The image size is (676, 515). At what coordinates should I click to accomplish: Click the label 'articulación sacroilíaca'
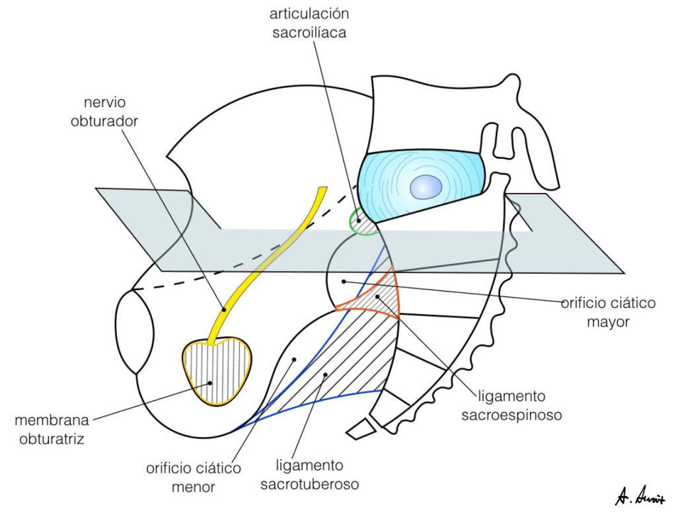point(309,23)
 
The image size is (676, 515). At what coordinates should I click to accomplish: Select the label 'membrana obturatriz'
point(51,429)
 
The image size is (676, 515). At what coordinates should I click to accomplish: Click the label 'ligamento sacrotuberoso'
point(309,475)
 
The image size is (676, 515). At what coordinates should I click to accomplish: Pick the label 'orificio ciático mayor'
point(608,313)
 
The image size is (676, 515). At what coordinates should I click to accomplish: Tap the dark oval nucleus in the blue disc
point(426,187)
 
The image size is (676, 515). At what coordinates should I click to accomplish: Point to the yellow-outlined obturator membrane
point(218,372)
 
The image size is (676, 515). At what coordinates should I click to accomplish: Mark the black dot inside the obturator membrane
point(210,381)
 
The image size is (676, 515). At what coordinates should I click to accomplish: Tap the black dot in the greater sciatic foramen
point(344,282)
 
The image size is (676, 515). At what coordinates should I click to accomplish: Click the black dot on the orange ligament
point(378,297)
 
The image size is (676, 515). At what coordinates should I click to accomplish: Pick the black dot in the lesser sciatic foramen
point(294,359)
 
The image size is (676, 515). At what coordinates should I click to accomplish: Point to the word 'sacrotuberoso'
point(309,484)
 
